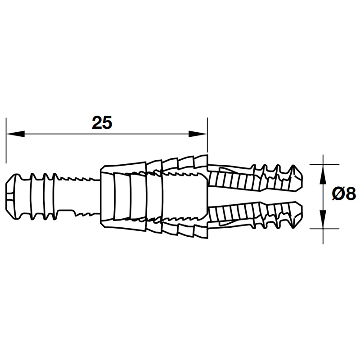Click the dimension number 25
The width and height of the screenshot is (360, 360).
tap(102, 123)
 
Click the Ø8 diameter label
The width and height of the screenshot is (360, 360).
tap(344, 193)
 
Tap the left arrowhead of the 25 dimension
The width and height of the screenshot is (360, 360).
tap(15, 134)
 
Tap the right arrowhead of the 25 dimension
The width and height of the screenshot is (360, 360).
tap(198, 134)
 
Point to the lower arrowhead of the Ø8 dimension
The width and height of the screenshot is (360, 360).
tap(323, 219)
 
